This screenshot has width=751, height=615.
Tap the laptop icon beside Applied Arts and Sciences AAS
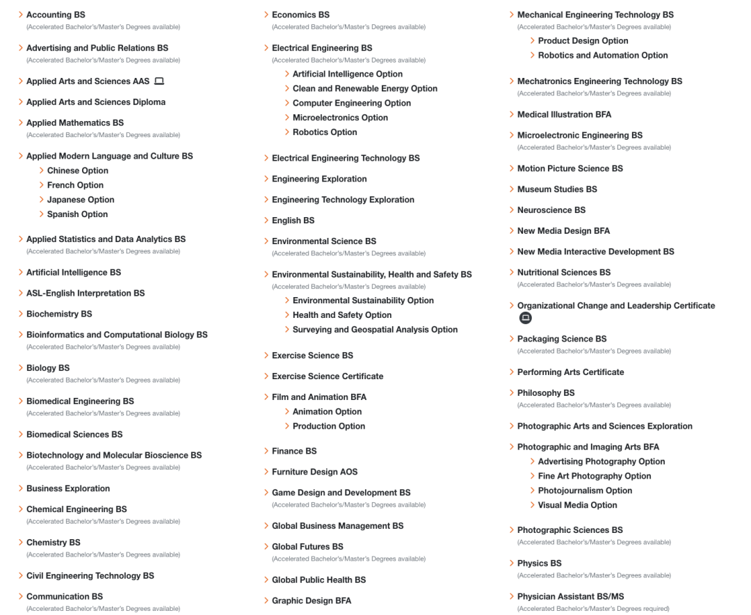coord(159,81)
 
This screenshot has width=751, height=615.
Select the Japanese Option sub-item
coord(81,200)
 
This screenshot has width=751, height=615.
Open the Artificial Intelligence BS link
coord(73,272)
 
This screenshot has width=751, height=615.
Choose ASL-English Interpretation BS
coord(86,293)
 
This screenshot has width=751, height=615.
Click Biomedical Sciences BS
coord(74,434)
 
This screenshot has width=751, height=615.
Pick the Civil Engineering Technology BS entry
coord(90,575)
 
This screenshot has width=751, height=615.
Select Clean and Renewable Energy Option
coord(365,88)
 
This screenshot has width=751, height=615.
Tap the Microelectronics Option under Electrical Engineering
coord(340,118)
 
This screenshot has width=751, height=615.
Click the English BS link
coord(293,221)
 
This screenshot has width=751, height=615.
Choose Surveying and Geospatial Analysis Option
coord(375,330)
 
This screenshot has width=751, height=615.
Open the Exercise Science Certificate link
coord(328,376)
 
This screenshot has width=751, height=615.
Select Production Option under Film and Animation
coord(329,426)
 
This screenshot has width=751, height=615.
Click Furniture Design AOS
coord(314,472)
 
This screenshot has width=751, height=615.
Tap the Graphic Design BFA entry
coord(312,600)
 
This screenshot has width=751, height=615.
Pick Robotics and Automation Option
coord(603,55)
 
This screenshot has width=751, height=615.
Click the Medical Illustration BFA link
coord(564,114)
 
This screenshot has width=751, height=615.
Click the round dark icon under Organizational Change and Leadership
coord(526,318)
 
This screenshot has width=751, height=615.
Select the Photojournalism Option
coord(585,490)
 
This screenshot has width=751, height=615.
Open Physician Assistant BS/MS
coord(570,596)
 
